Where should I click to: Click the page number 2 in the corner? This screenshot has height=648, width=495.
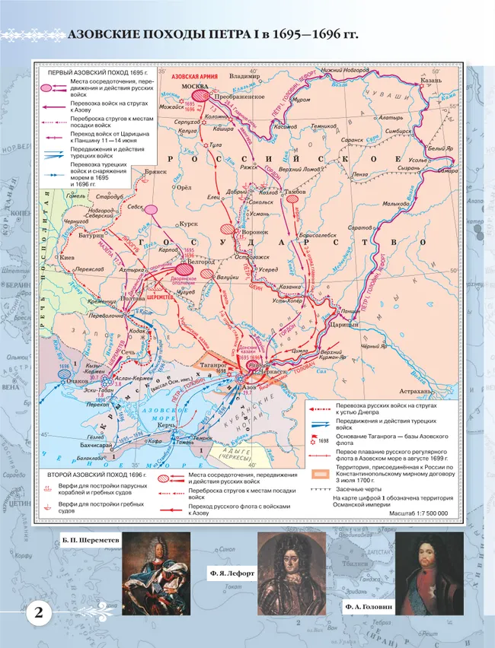click(37, 614)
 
